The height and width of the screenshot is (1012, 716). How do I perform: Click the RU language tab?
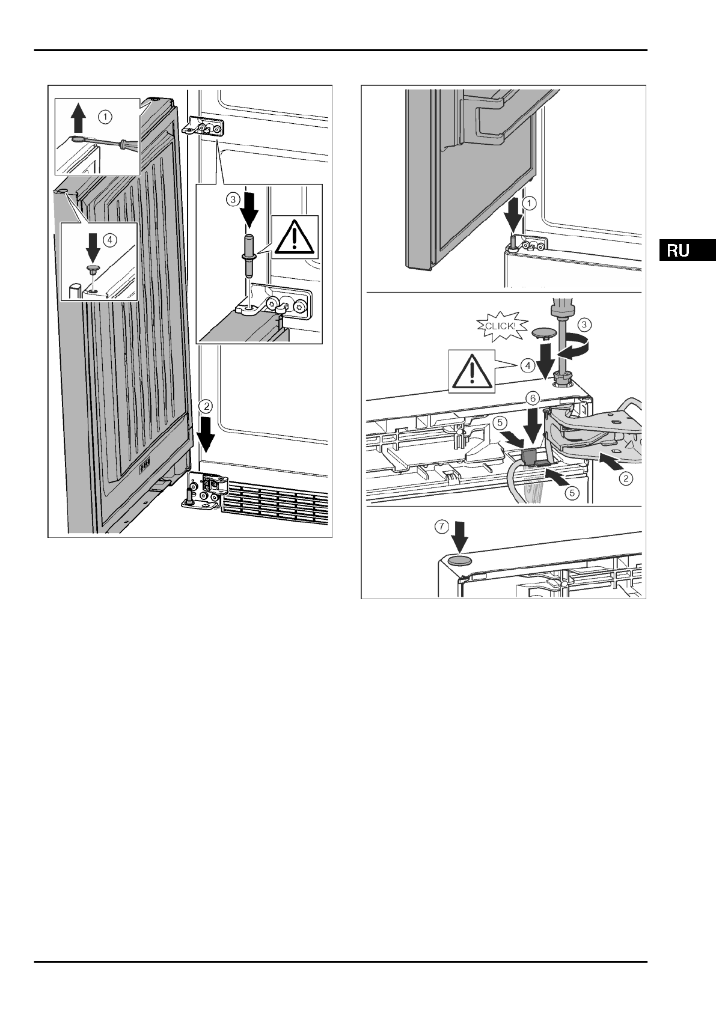(x=686, y=250)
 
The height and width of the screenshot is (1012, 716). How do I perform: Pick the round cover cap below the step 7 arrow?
(x=459, y=560)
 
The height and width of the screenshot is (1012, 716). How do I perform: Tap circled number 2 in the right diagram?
(x=626, y=478)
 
